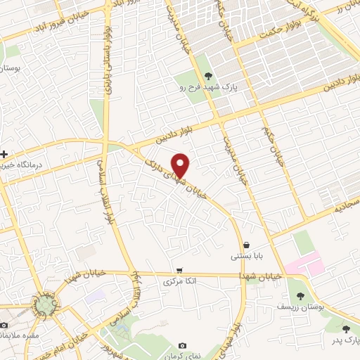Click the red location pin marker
[181, 165]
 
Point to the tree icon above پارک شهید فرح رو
[207, 76]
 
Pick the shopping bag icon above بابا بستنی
[245, 245]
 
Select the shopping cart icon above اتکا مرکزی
[180, 270]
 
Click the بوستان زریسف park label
[301, 307]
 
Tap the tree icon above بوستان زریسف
[302, 296]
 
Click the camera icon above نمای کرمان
[183, 345]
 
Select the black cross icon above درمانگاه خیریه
[5, 153]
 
